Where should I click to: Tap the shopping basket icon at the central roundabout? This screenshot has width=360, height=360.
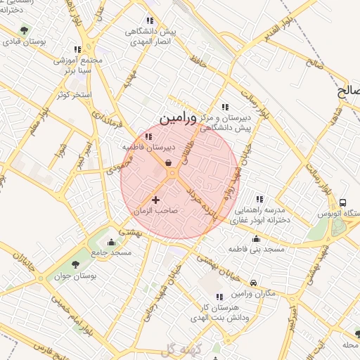(169, 163)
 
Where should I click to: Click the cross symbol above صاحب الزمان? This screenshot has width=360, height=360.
(155, 200)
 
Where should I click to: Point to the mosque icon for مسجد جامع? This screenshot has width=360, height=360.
(111, 243)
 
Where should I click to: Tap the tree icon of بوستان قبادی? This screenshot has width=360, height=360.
(25, 30)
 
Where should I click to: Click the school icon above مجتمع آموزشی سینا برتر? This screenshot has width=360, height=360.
(77, 49)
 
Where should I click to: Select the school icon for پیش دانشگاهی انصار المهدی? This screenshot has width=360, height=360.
(148, 20)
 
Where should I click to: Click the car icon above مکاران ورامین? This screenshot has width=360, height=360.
(253, 283)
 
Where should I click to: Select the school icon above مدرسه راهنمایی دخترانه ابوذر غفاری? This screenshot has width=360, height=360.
(259, 199)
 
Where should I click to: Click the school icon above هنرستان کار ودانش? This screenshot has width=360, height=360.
(219, 297)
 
